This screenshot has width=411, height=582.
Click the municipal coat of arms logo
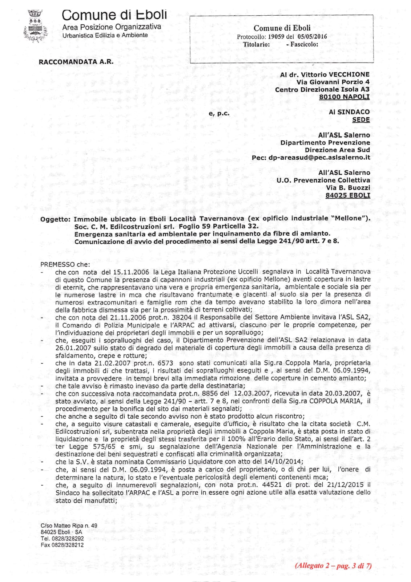coord(36,26)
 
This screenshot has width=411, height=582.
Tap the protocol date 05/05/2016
coord(312,36)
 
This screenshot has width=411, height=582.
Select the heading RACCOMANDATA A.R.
coord(76,61)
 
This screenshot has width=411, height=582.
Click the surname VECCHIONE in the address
coord(349,75)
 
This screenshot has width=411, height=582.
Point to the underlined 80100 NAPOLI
coord(344,97)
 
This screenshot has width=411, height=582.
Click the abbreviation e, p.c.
coord(219,113)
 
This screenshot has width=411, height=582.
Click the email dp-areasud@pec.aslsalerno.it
coord(319,158)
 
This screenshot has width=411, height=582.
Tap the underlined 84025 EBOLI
coord(348,195)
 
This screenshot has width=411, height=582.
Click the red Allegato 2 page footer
coord(333,566)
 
